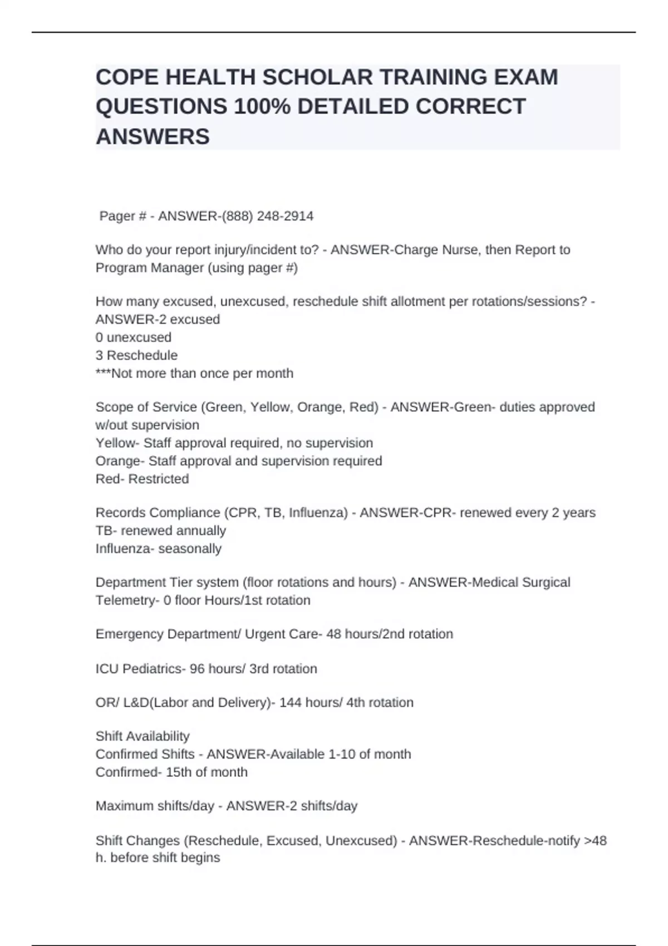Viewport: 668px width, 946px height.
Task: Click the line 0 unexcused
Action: pyautogui.click(x=134, y=337)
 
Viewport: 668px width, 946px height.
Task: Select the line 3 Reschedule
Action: pyautogui.click(x=136, y=355)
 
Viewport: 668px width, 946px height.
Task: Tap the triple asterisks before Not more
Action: pyautogui.click(x=103, y=373)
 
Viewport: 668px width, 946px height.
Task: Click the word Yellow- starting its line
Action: pyautogui.click(x=117, y=443)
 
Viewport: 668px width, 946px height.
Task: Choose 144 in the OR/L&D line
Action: pyautogui.click(x=291, y=703)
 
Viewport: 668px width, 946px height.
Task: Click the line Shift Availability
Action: pyautogui.click(x=143, y=736)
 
